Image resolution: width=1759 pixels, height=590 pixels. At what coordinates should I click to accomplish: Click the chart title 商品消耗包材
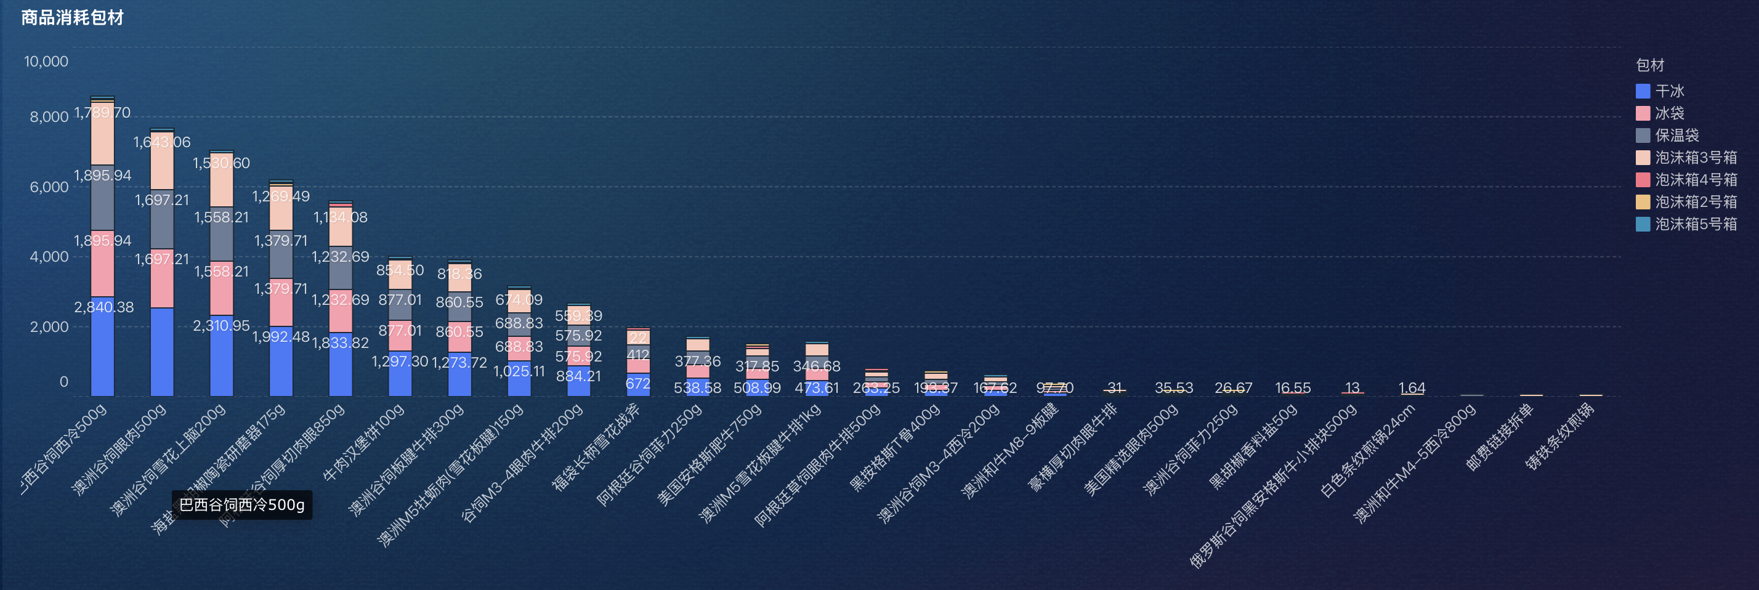pos(73,18)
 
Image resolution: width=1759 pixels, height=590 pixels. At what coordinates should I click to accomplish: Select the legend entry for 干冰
pos(1669,91)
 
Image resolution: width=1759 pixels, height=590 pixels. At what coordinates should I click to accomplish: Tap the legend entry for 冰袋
pos(1669,113)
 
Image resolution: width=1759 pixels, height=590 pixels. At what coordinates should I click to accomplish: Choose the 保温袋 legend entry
pos(1676,135)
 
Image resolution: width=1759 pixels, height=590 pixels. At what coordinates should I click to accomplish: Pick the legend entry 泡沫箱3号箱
pos(1695,158)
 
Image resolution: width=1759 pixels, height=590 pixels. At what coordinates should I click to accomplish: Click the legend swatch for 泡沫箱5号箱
pos(1643,224)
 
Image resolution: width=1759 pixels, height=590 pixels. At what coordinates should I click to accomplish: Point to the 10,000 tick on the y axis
pos(46,62)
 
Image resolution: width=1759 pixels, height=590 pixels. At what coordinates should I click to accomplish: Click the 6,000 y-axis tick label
pos(49,187)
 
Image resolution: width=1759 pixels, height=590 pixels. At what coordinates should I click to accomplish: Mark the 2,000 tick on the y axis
pos(49,326)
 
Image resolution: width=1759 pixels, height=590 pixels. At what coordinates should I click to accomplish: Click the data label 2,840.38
pos(104,307)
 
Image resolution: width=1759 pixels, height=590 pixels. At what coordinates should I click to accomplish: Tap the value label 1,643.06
pos(162,142)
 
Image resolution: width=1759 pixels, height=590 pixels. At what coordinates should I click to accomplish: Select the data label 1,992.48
pos(281,337)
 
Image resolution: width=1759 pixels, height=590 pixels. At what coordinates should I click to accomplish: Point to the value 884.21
pos(578,376)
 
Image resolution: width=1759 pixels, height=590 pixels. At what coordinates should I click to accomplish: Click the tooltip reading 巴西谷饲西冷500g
pos(241,504)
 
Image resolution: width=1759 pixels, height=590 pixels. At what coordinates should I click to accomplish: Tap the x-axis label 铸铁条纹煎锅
pos(1559,437)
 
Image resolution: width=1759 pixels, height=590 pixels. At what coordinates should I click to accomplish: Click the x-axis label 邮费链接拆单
pos(1500,437)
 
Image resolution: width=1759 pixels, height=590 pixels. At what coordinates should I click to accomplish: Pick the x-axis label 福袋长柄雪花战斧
pos(596,447)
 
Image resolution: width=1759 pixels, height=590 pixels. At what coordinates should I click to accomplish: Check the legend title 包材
pos(1650,65)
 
